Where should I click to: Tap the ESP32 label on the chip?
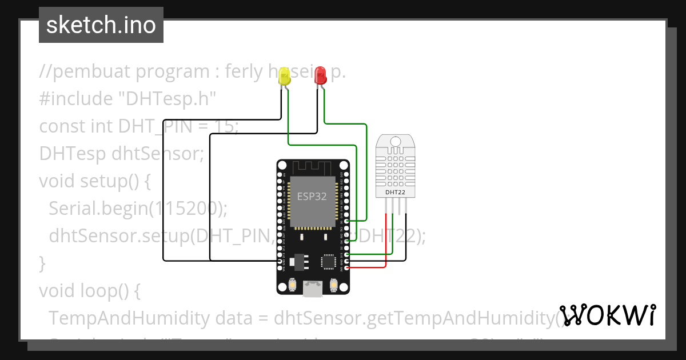click(x=312, y=197)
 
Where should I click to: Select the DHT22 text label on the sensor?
click(x=396, y=193)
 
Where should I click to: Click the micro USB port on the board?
click(x=313, y=289)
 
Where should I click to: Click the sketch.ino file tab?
click(x=101, y=25)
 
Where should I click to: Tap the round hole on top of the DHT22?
click(x=396, y=141)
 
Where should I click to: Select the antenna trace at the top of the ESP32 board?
click(x=312, y=167)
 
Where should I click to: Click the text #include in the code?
click(x=75, y=99)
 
